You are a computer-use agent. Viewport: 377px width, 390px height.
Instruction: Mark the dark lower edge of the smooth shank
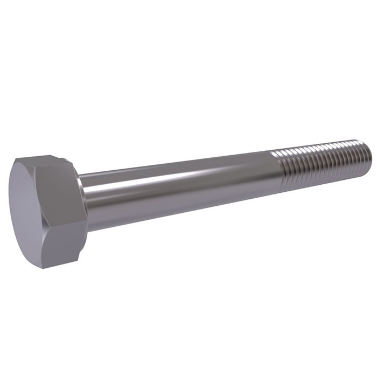pyautogui.click(x=178, y=207)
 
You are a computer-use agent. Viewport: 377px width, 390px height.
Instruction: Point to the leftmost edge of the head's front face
pyautogui.click(x=10, y=210)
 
